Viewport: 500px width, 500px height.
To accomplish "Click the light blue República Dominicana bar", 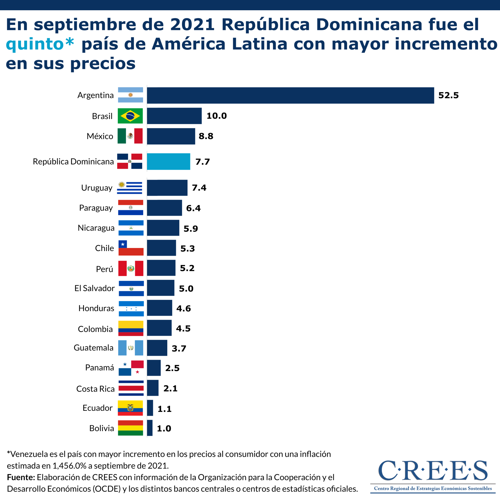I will [x=168, y=161].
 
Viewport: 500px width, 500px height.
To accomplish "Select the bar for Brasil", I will [x=174, y=116].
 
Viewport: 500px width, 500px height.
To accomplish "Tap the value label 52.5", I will [x=448, y=95].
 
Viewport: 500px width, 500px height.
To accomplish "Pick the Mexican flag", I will [x=130, y=136].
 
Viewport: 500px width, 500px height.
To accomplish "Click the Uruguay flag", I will [x=129, y=188].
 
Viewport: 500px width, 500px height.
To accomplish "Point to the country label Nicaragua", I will [x=96, y=228].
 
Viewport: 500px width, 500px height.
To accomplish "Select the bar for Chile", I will [x=161, y=248].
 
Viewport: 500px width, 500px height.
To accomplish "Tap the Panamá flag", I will [x=131, y=368].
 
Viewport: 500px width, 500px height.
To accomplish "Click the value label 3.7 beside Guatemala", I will [x=179, y=348].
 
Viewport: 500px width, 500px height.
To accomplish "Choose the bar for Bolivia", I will [x=149, y=428].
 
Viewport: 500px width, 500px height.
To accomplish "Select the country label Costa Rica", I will [x=95, y=389].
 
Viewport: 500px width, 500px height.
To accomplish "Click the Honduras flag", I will [x=131, y=308].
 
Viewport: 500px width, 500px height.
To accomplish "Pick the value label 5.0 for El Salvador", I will [x=186, y=288].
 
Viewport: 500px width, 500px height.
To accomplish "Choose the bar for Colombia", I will [x=159, y=328].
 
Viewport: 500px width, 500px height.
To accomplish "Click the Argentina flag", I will [x=130, y=95].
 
